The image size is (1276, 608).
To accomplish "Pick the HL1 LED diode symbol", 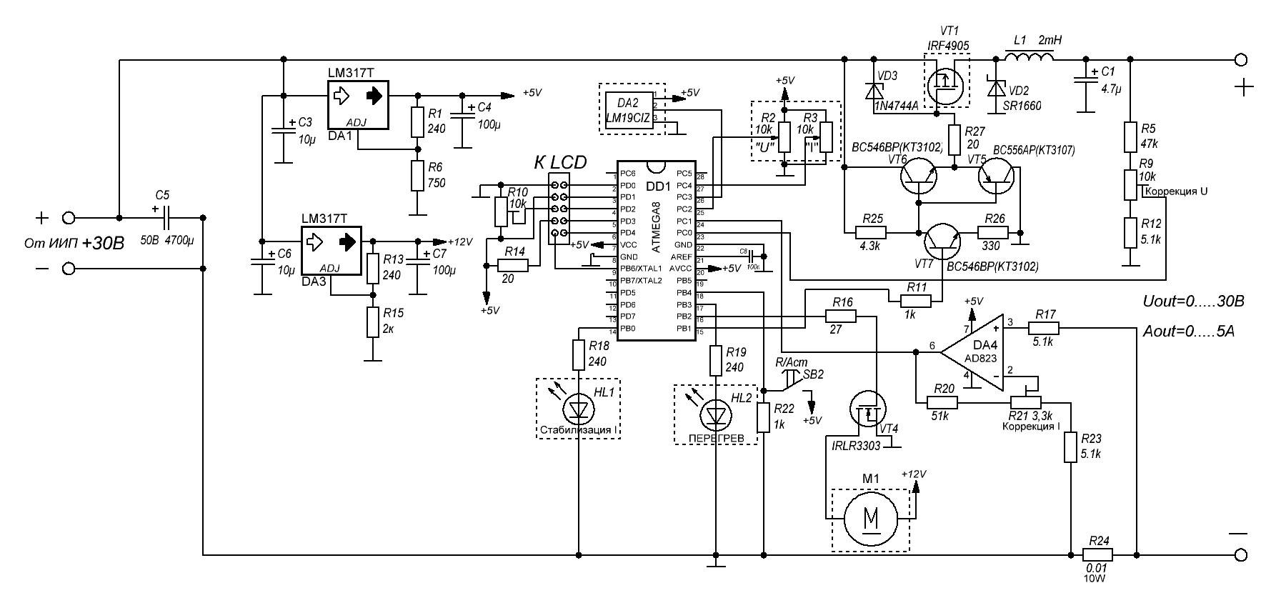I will coord(579,410).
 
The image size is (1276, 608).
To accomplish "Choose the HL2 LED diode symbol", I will coord(715,414).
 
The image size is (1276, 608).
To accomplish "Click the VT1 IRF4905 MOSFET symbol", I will coord(948,84).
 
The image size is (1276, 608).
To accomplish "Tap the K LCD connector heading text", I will coord(560,163).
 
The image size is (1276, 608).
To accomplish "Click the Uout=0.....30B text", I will coord(1193,302).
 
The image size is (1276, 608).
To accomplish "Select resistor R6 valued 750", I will coord(417,176).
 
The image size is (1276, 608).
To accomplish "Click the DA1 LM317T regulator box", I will coord(357,105).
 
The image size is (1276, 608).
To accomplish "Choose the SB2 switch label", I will coord(813,374).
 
